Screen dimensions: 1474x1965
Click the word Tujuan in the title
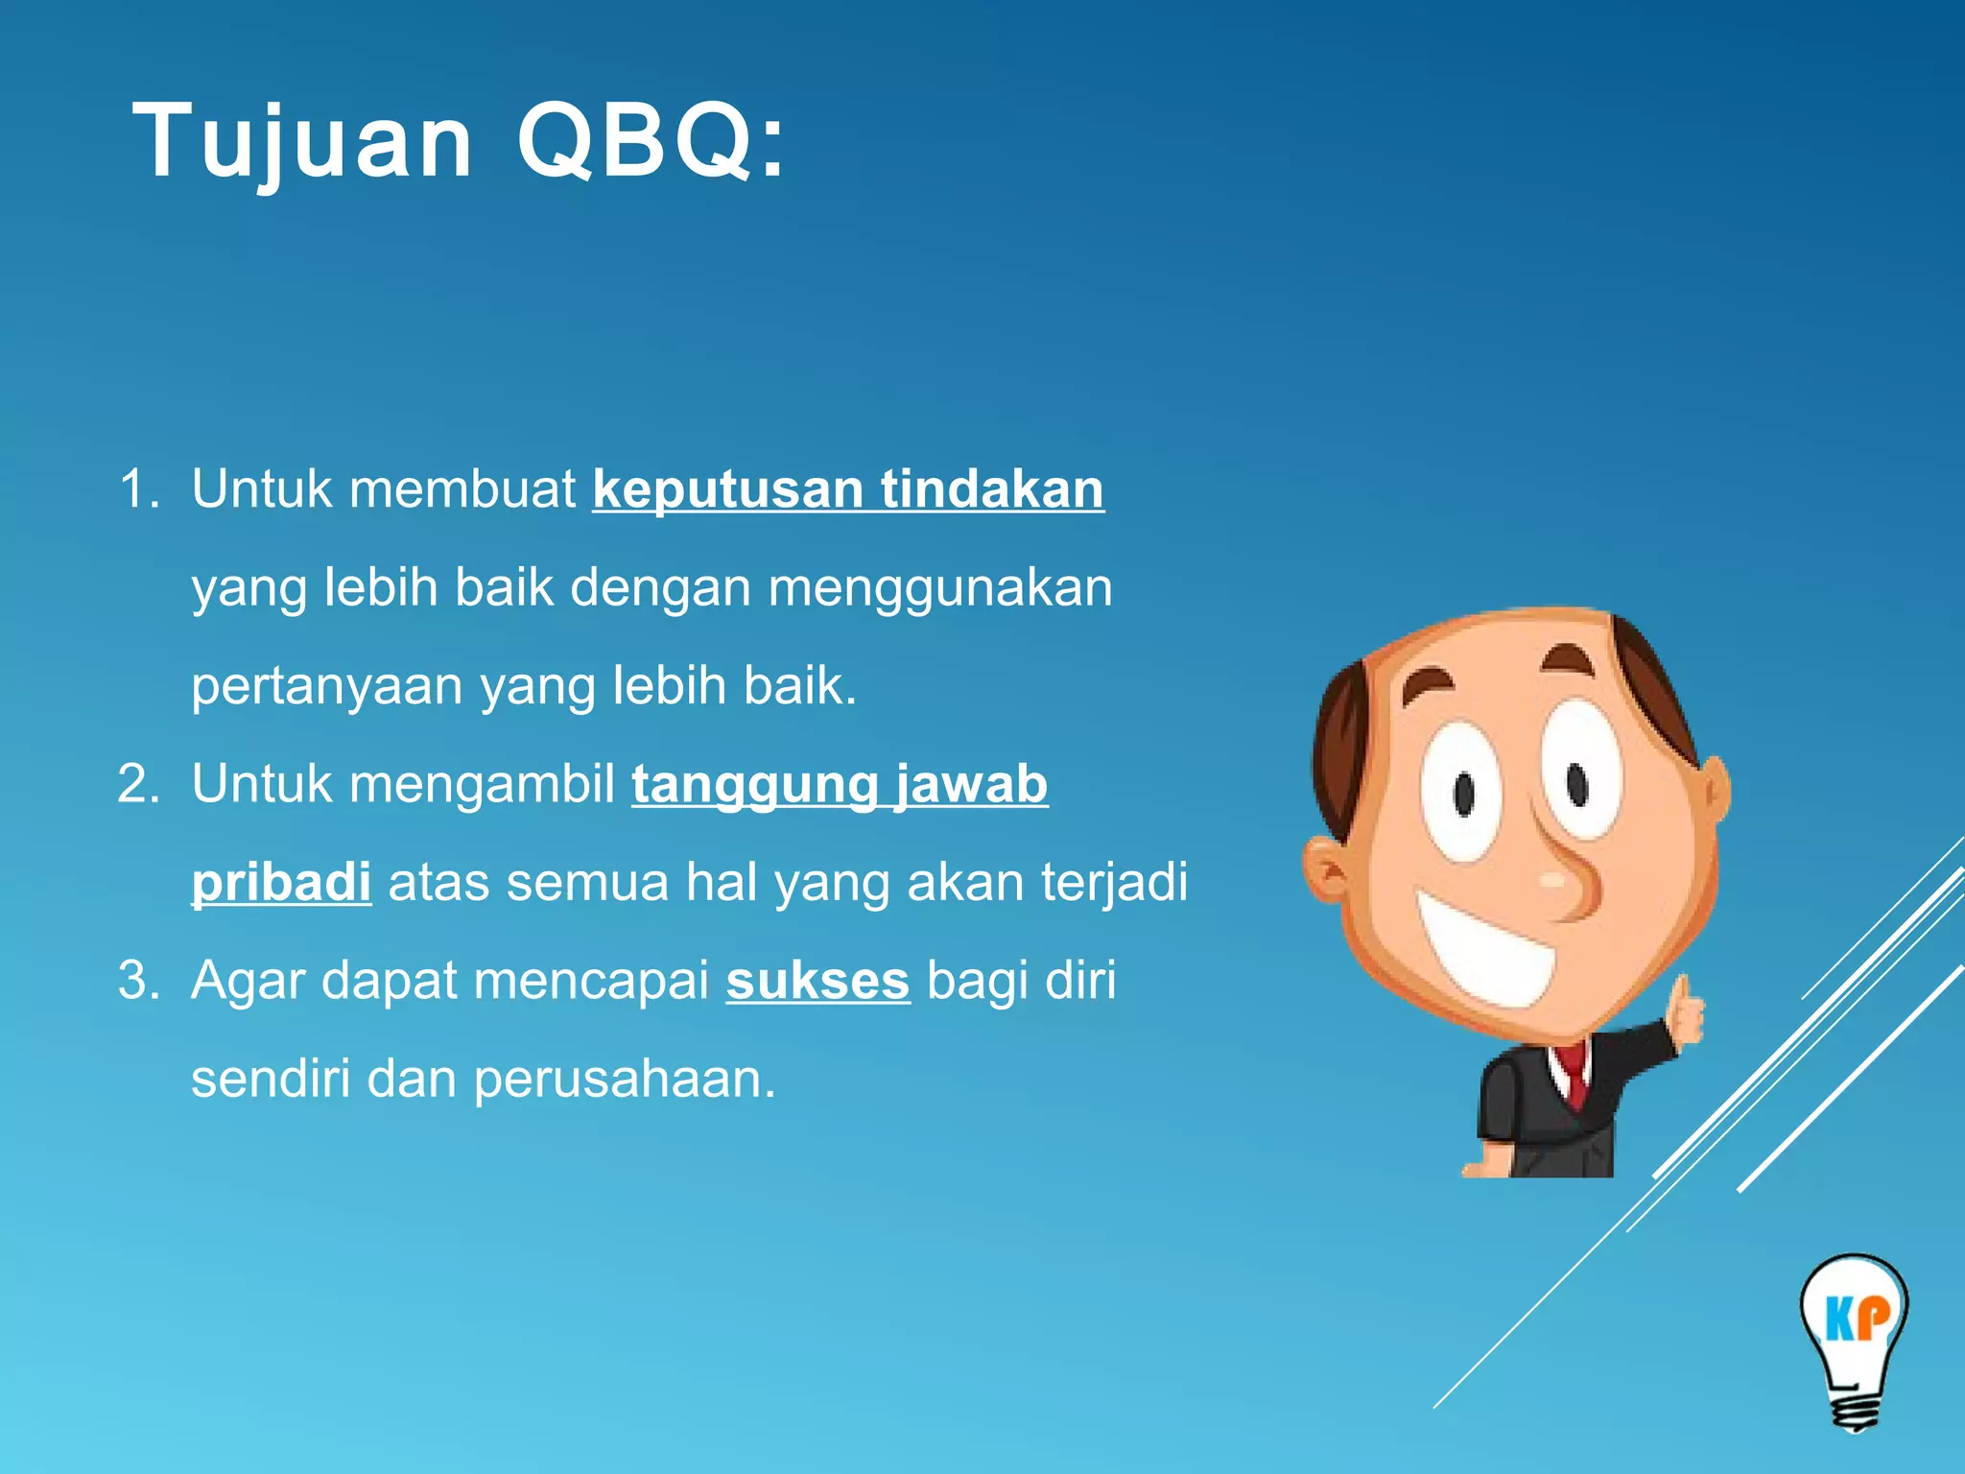click(x=302, y=142)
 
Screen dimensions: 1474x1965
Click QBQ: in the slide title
click(x=651, y=142)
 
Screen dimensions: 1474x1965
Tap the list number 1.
click(x=138, y=489)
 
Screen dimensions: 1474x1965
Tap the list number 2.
click(x=138, y=784)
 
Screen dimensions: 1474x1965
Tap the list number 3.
click(x=138, y=982)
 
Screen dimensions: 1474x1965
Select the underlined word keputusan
click(x=727, y=489)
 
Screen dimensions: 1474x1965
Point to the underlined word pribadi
click(x=281, y=882)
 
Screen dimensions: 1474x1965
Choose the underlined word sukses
click(x=817, y=982)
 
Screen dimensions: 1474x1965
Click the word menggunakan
click(x=939, y=588)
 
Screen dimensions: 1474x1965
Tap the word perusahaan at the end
click(x=624, y=1080)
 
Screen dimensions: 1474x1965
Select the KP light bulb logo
click(x=1854, y=1339)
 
